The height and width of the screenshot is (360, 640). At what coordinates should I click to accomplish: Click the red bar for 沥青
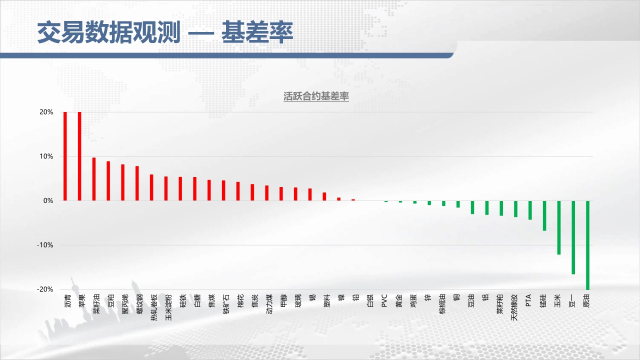click(x=65, y=156)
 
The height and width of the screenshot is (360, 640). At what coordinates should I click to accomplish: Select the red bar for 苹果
click(x=79, y=156)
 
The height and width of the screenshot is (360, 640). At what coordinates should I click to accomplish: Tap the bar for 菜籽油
click(x=94, y=179)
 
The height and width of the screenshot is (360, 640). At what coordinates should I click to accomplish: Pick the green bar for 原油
click(x=587, y=245)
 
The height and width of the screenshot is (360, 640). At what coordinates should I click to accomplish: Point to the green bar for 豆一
click(x=573, y=237)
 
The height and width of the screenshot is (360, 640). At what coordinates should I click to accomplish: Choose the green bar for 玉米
click(x=559, y=227)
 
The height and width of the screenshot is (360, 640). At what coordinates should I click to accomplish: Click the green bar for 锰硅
click(x=544, y=215)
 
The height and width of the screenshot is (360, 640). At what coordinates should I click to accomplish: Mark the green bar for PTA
click(x=530, y=210)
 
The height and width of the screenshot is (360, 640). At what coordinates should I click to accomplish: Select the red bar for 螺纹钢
click(x=137, y=183)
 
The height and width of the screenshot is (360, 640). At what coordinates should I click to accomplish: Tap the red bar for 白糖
click(x=195, y=189)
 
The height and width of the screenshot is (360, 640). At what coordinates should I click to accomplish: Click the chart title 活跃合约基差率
click(x=316, y=96)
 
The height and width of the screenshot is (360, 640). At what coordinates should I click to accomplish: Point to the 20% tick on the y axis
click(x=46, y=112)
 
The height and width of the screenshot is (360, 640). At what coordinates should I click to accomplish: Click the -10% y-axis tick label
click(x=45, y=245)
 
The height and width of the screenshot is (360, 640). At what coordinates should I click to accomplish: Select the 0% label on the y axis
click(x=48, y=200)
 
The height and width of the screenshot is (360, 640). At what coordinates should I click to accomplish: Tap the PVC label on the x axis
click(x=384, y=301)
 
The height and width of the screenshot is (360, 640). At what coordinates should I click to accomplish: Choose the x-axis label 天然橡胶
click(x=514, y=307)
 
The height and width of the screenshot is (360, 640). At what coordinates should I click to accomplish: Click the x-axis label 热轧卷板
click(x=154, y=307)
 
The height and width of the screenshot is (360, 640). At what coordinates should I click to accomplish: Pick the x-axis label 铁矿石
click(x=226, y=304)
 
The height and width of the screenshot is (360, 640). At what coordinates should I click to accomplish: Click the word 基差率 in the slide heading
click(x=257, y=32)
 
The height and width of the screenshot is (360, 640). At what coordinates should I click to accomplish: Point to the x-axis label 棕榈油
click(x=442, y=304)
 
